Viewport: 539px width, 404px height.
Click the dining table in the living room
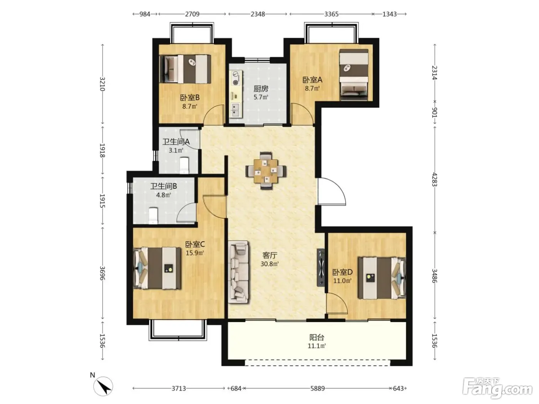[x=266, y=171]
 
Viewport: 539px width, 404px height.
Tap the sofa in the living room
[x=238, y=272]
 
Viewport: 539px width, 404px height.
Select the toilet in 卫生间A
[x=184, y=165]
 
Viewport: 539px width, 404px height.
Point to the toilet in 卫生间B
[x=153, y=216]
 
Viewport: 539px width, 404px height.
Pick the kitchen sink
[x=236, y=110]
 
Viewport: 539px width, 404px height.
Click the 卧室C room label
[x=195, y=244]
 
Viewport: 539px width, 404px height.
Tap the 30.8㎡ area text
[x=269, y=264]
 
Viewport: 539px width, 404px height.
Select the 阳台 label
[x=316, y=338]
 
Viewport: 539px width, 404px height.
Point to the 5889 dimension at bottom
[x=317, y=388]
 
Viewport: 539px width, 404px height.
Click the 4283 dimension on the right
[x=434, y=180]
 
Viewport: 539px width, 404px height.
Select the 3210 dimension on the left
[x=102, y=84]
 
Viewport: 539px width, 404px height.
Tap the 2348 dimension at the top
[x=258, y=14]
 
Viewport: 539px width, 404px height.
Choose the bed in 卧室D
[x=382, y=278]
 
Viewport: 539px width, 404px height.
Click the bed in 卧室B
[x=185, y=69]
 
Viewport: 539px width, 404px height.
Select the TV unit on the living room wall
[x=321, y=268]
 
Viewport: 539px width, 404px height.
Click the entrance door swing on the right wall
[x=332, y=192]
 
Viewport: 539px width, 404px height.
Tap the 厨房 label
[x=261, y=88]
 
